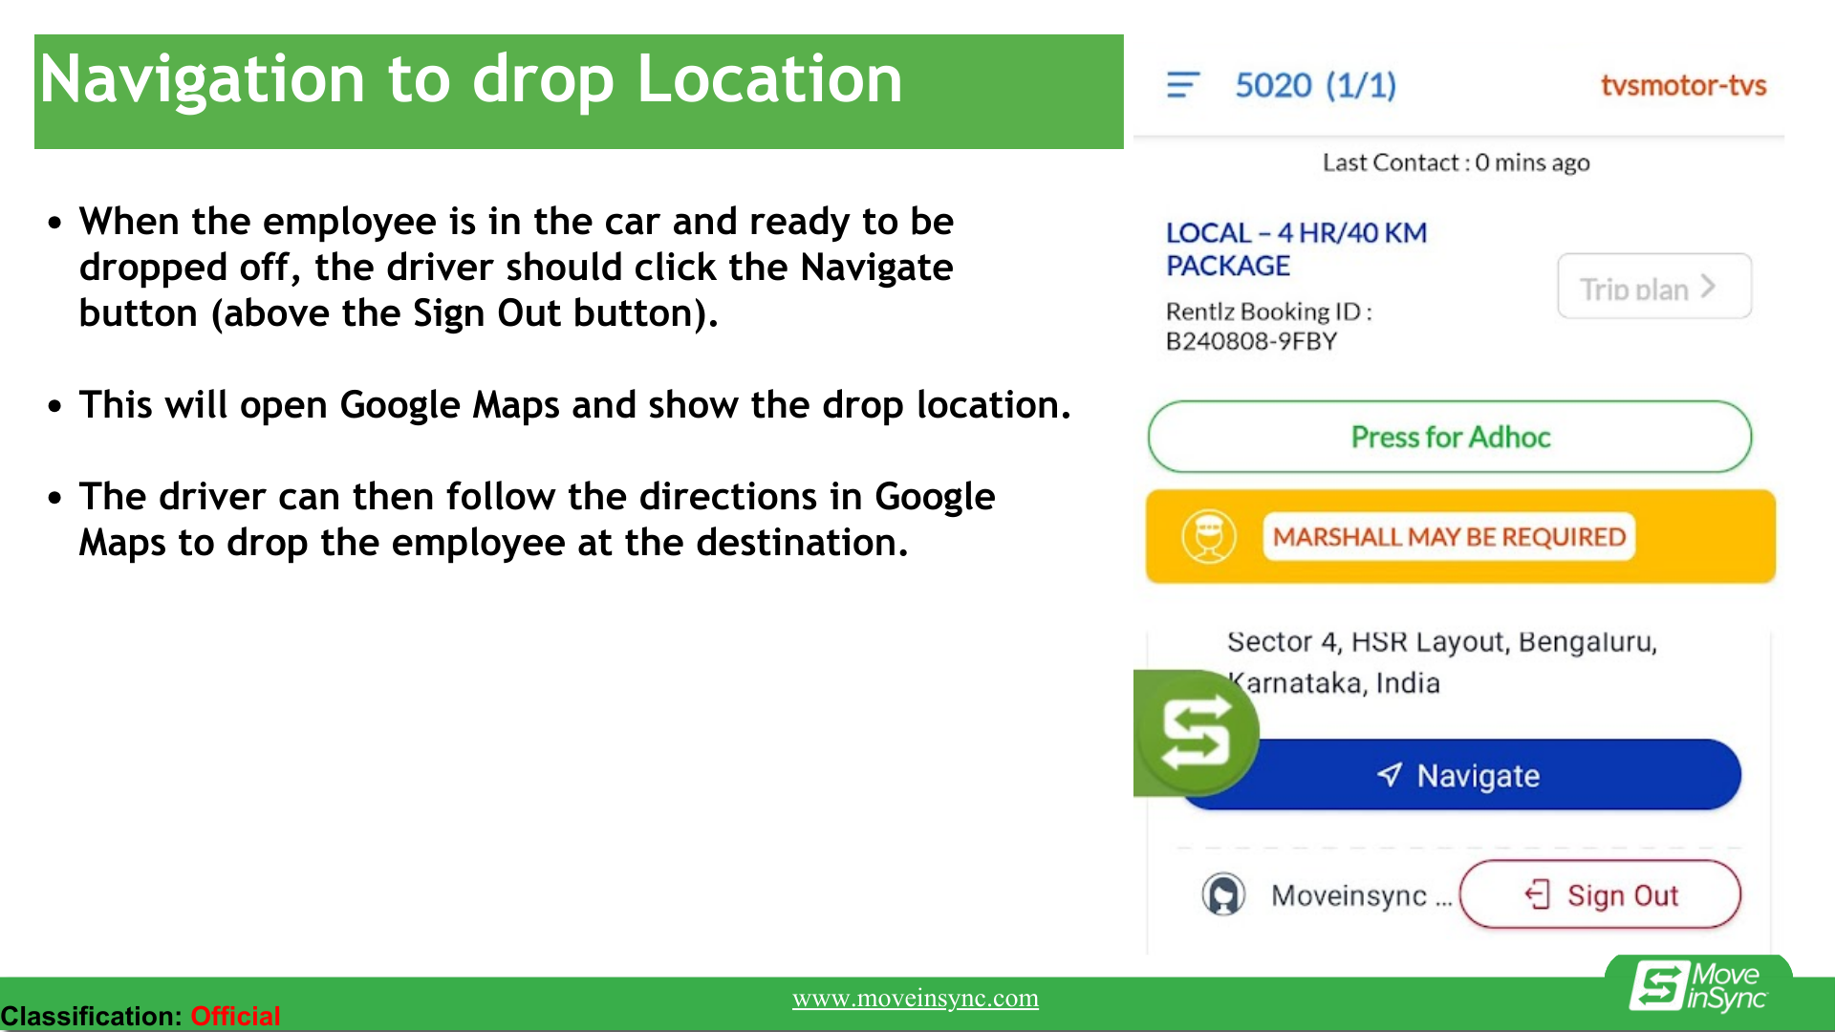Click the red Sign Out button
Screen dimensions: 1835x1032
(x=1601, y=894)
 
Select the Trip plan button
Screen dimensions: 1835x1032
(x=1654, y=287)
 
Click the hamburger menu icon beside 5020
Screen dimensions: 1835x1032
(x=1183, y=85)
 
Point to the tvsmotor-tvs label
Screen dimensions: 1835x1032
(x=1683, y=85)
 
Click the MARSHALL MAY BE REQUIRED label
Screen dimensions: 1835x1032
(x=1449, y=537)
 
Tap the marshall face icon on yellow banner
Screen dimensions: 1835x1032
(x=1208, y=536)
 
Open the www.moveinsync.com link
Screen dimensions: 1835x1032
(x=916, y=999)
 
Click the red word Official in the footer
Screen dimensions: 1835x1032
(x=235, y=1015)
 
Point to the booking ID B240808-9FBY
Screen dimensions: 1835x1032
(x=1251, y=341)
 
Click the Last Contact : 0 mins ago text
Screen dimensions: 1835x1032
(x=1456, y=162)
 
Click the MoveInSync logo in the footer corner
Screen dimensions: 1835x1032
(x=1698, y=986)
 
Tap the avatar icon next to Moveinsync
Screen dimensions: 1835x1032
(x=1223, y=895)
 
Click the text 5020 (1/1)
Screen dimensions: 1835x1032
(x=1315, y=85)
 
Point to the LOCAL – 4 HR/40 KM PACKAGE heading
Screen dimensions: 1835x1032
(x=1296, y=248)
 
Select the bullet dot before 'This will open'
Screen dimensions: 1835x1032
(x=55, y=406)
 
